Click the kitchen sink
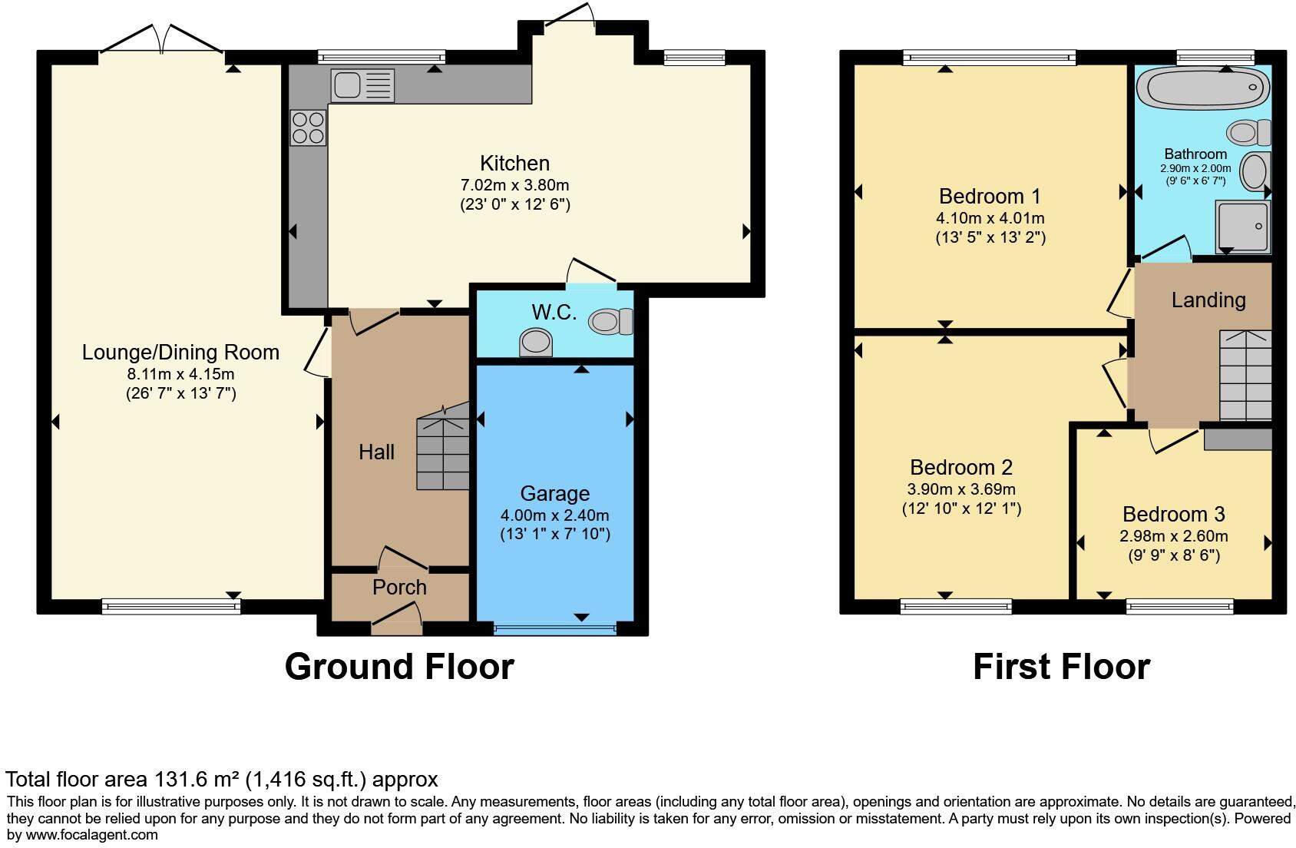point(362,84)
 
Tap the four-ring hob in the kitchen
point(308,128)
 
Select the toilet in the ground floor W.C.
point(612,321)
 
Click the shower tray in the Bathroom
point(1242,227)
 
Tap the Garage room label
point(554,494)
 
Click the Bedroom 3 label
point(1173,514)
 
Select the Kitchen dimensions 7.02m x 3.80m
point(514,185)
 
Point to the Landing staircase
point(1245,376)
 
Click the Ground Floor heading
point(399,667)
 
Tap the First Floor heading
point(1061,667)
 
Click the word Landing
point(1208,300)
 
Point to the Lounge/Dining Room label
point(180,353)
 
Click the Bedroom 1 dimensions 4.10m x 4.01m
point(990,218)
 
